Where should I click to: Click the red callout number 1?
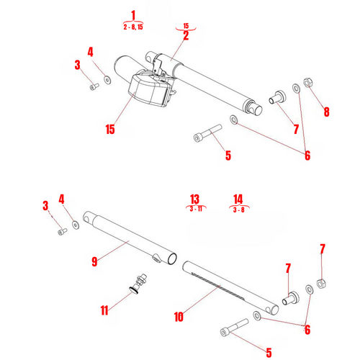(x=133, y=15)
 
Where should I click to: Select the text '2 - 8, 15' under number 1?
(x=133, y=27)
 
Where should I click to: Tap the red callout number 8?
(x=325, y=112)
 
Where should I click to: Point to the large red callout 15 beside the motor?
(x=109, y=130)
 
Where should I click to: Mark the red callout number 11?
(x=105, y=310)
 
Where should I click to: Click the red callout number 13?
(x=194, y=199)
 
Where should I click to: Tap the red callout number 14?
(x=238, y=199)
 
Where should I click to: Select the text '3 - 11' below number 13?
(x=194, y=209)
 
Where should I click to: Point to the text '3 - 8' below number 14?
(x=238, y=210)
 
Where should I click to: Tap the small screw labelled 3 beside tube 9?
(x=62, y=231)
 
